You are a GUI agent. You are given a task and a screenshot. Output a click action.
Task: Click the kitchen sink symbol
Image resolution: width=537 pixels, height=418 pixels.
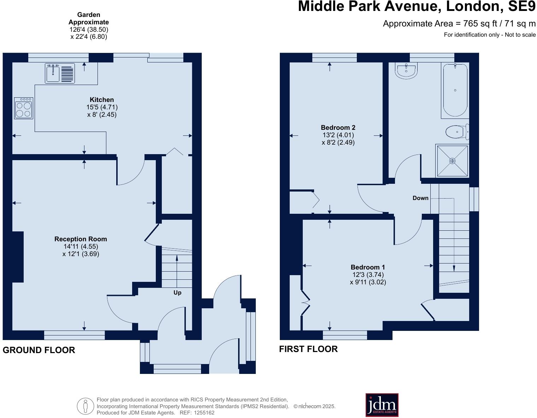tap(53, 73)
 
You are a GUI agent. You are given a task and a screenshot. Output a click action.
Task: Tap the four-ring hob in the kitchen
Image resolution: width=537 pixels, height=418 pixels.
tap(24, 108)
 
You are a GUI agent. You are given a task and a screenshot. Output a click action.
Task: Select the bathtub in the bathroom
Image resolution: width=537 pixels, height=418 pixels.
tap(455, 90)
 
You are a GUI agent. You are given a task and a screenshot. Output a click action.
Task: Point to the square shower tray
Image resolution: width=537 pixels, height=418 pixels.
tap(453, 161)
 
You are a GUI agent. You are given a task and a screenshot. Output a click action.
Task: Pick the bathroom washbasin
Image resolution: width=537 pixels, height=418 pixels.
tap(407, 70)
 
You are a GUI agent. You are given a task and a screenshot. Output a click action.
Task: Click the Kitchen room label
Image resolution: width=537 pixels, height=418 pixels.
tap(102, 100)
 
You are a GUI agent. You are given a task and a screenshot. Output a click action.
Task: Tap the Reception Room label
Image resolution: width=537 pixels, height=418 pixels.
tap(81, 239)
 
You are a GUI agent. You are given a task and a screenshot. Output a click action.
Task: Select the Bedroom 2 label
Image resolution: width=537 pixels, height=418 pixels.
tap(338, 128)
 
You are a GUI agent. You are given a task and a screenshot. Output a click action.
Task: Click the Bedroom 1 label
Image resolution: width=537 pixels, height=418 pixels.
tap(368, 267)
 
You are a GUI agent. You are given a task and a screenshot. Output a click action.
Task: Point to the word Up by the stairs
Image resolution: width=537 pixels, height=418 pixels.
tap(177, 293)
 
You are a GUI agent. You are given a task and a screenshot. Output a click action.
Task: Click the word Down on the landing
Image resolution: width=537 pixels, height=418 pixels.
tap(420, 198)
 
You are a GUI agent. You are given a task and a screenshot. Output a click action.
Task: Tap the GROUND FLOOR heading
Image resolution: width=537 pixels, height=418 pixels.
tap(39, 350)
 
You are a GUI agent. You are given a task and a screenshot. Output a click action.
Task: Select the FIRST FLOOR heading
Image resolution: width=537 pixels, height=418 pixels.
tap(308, 349)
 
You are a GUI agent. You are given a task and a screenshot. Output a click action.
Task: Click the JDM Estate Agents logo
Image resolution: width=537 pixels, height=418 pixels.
tap(382, 405)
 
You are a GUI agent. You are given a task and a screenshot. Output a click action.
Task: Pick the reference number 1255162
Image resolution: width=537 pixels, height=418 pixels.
tap(202, 413)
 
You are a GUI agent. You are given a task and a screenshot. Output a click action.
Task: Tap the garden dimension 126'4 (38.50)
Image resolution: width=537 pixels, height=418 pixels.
tap(89, 30)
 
